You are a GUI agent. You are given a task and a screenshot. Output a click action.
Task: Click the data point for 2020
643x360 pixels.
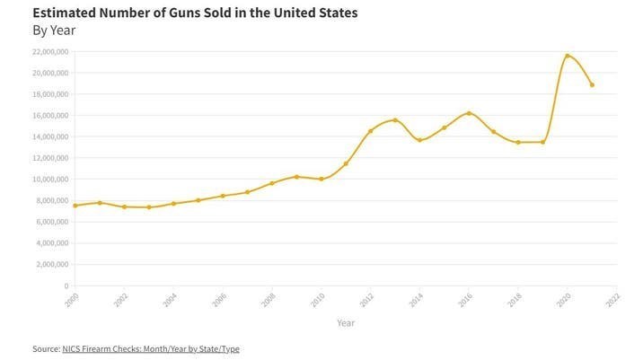tap(568, 56)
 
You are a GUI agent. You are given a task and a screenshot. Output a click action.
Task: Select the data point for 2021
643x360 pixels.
tap(592, 85)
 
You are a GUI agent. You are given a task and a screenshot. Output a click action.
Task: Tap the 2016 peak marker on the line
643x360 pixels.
tap(469, 113)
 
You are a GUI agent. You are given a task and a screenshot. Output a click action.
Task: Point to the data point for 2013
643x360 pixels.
tap(395, 120)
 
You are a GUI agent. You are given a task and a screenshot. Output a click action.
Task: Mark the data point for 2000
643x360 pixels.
tap(75, 206)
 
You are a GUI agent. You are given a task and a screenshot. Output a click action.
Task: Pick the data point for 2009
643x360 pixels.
tap(296, 177)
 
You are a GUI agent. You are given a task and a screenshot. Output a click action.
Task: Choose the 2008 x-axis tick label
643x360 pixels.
tap(269, 300)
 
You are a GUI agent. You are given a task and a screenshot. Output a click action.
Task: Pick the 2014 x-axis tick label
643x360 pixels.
tap(416, 300)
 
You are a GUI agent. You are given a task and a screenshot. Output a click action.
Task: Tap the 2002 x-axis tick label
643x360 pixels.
tap(121, 300)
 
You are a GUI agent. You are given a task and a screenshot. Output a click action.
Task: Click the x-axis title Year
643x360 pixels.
tap(346, 321)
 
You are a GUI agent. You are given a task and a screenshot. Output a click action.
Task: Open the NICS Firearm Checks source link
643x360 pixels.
tap(150, 348)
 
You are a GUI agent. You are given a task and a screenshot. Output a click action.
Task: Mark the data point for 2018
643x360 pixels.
tap(518, 142)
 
